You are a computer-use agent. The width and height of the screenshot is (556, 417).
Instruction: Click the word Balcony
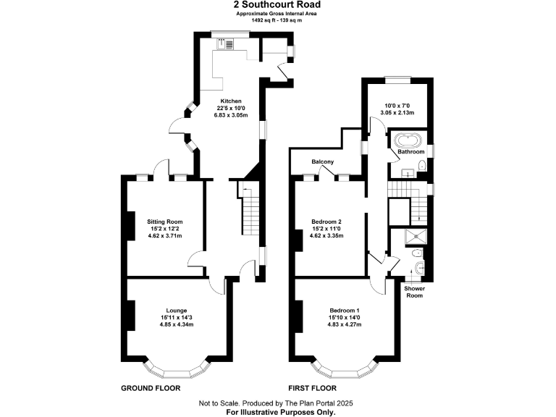(322, 161)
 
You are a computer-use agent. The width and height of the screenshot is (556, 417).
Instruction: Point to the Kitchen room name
(231, 101)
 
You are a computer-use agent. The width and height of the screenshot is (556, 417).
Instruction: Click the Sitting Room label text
(164, 221)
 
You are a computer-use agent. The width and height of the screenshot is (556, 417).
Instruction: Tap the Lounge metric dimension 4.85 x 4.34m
(176, 324)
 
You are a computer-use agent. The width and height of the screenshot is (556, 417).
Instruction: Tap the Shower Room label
(414, 292)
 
